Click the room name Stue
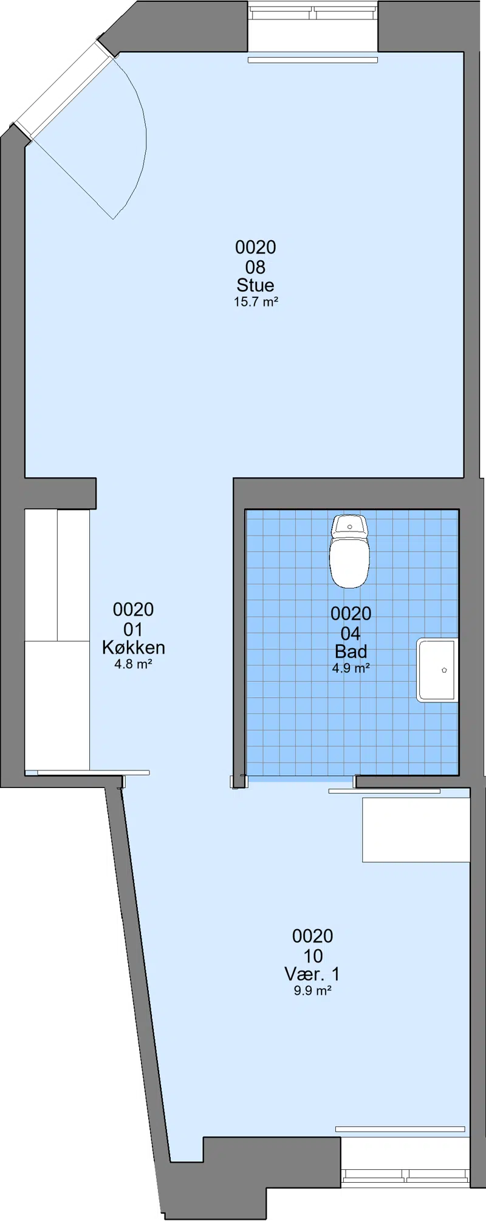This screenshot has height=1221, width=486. coord(255,285)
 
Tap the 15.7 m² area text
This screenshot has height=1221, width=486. coord(256,302)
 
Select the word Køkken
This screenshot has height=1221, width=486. coord(134,648)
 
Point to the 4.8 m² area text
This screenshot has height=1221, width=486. coord(133,664)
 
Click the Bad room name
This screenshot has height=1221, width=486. coord(351,652)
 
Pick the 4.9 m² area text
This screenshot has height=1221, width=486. coord(351,668)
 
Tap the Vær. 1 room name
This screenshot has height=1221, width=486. coord(312,974)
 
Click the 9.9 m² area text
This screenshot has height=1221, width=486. coord(312,991)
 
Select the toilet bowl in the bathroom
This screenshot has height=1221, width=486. coord(349,562)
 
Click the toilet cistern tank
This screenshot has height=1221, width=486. coord(349,526)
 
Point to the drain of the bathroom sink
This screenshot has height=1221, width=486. coord(444,669)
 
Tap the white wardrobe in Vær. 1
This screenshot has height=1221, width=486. coord(416,830)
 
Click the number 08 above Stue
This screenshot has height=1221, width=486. coord(255,267)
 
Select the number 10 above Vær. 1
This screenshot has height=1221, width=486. coord(313,956)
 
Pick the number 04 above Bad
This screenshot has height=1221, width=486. coord(351,634)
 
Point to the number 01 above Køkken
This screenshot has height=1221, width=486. coord(133,629)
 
